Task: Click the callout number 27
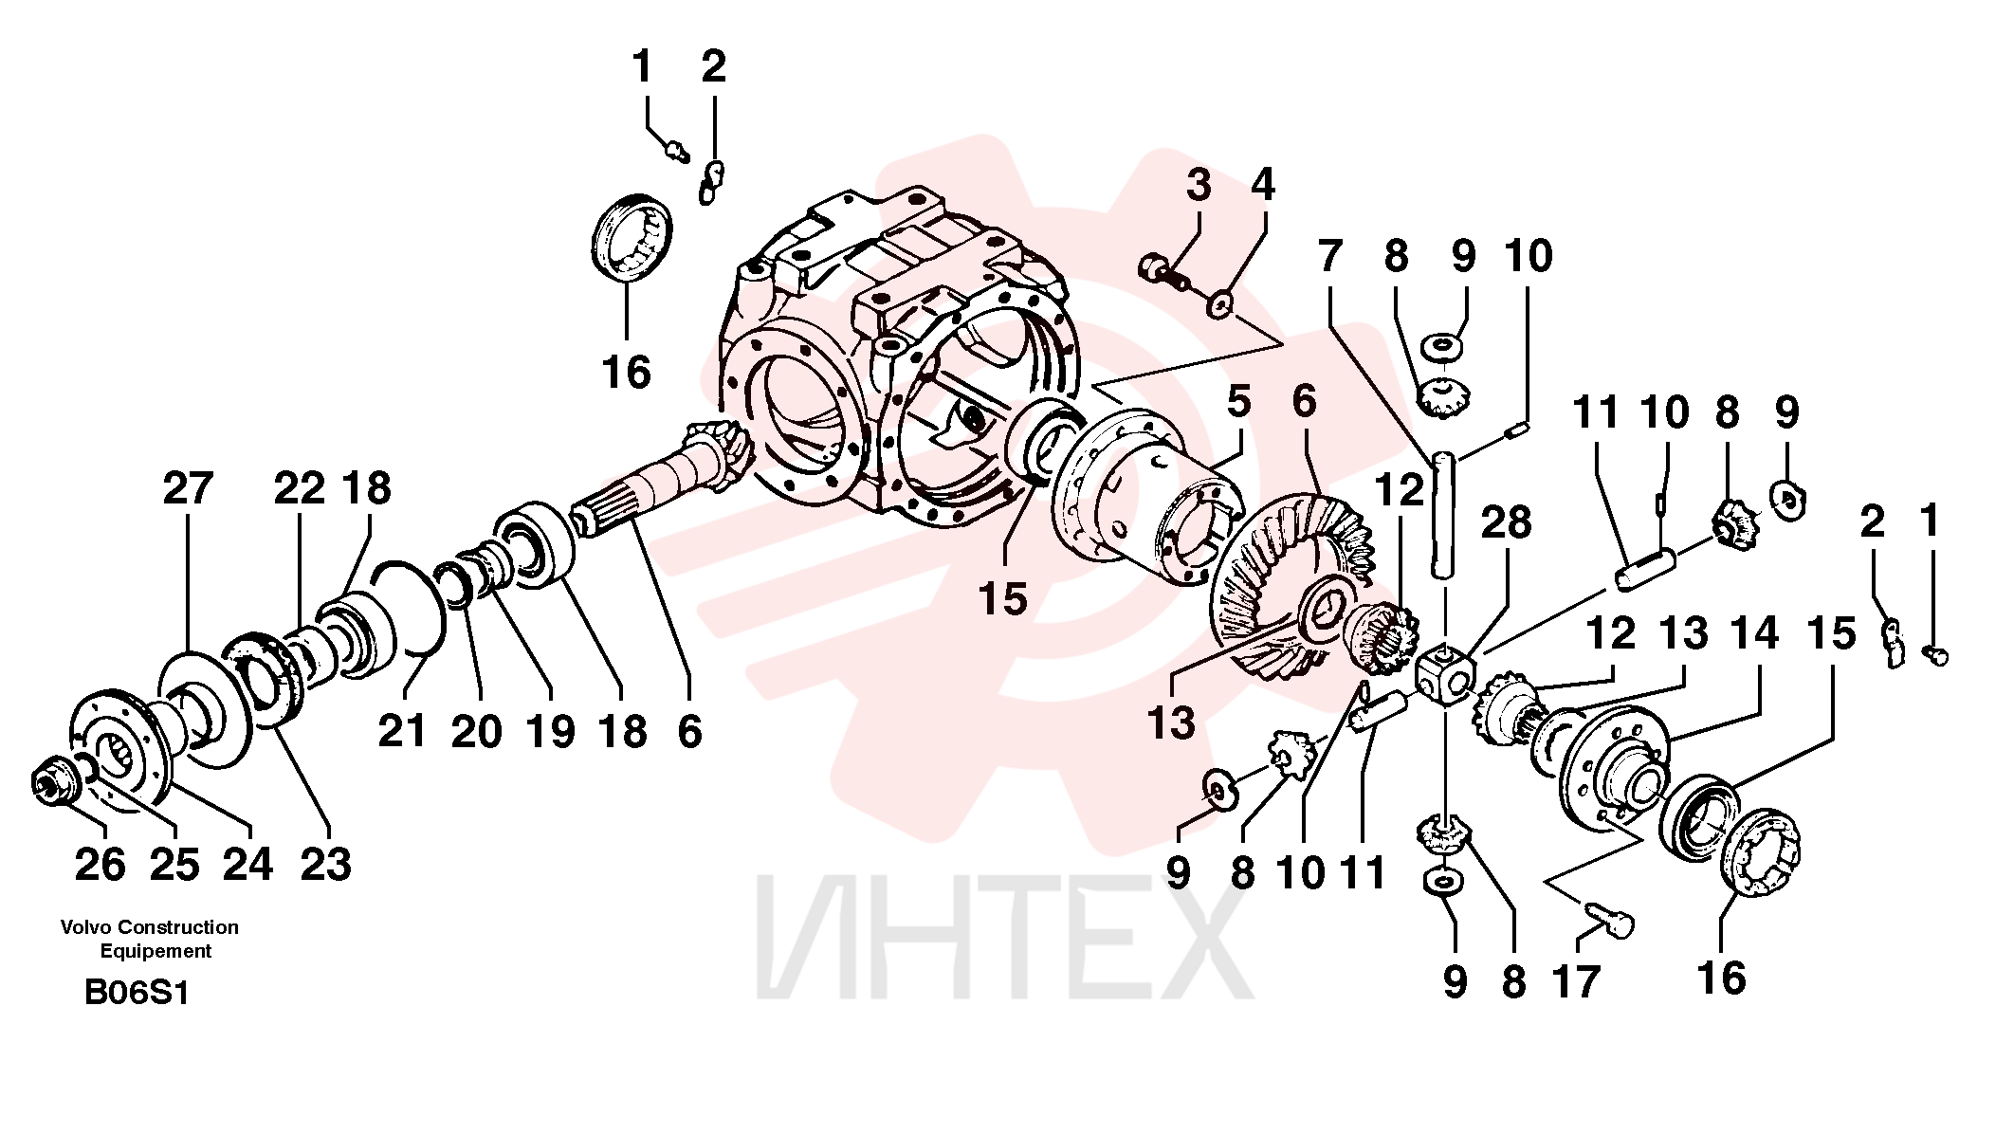tap(188, 489)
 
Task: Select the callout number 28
tap(1506, 523)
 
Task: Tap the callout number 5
tap(1238, 402)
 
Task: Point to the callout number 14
tap(1754, 633)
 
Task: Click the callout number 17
tap(1575, 982)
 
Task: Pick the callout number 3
tap(1199, 185)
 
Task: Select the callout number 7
tap(1330, 256)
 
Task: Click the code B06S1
tap(137, 993)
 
